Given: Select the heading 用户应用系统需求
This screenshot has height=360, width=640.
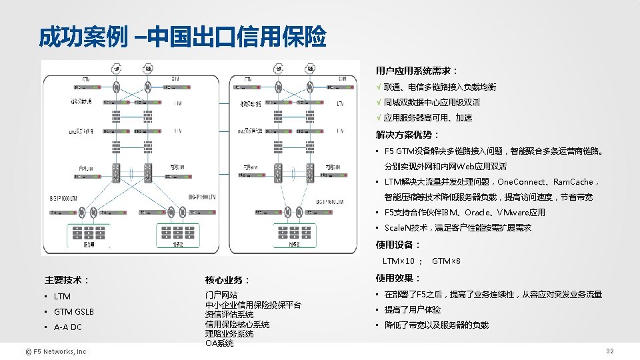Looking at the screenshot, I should tap(416, 71).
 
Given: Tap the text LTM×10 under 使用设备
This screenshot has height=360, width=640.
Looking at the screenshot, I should tap(399, 261).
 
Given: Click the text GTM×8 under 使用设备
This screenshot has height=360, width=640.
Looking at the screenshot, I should tap(447, 261).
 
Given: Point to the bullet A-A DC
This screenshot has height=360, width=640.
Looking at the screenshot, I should tap(67, 327).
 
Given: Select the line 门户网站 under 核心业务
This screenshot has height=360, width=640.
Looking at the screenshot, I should tap(221, 295).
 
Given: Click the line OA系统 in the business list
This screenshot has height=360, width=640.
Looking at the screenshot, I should tap(219, 343).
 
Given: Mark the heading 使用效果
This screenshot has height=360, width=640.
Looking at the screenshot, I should tap(397, 278).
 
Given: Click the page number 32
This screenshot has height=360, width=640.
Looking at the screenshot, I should tap(609, 351).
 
